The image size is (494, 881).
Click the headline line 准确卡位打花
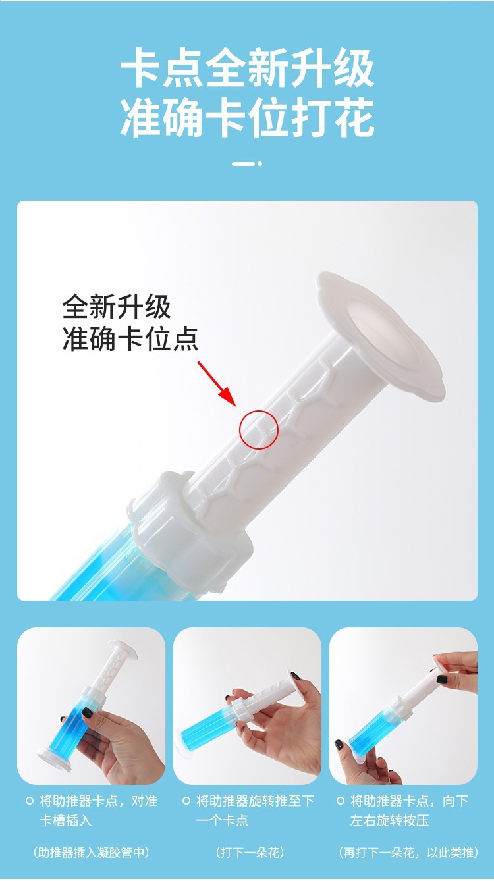pos(247,119)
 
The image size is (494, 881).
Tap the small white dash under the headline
pos(244,163)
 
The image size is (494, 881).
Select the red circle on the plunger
pos(258,429)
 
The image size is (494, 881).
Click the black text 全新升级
pos(117,307)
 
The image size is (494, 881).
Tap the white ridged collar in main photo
pos(191,520)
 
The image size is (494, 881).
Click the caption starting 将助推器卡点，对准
pos(98,811)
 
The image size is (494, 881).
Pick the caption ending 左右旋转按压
pos(409,811)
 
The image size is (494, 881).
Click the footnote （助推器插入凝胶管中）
pos(91,853)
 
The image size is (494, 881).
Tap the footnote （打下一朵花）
pos(250,853)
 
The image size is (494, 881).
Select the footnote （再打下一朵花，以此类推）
pos(408,853)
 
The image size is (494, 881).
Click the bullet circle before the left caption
pos(29,801)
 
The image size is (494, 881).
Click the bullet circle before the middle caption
pos(186,801)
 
